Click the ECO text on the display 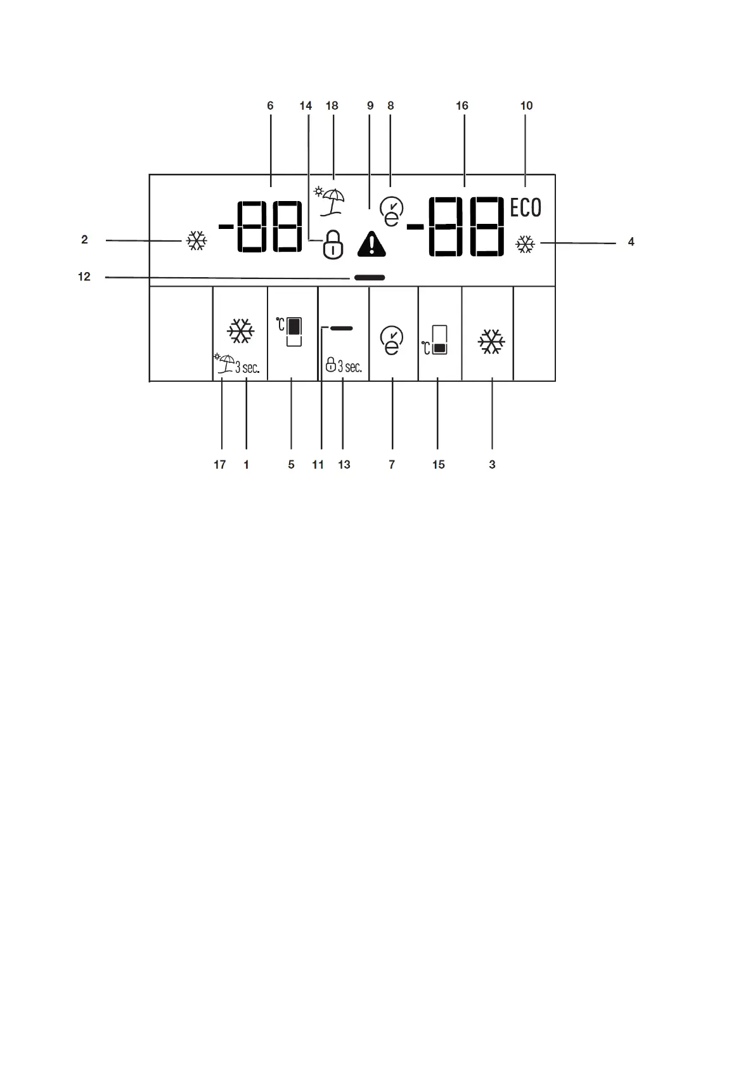[526, 208]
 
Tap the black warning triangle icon [371, 244]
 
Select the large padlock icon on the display [333, 245]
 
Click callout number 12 [84, 277]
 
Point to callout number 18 [332, 106]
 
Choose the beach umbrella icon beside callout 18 [332, 200]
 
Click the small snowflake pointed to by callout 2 [197, 241]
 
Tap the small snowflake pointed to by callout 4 [525, 245]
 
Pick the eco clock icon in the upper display [392, 211]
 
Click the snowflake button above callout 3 [491, 342]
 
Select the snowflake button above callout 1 [241, 331]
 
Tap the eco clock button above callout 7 [392, 341]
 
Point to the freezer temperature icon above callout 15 [438, 340]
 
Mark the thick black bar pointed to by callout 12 [370, 278]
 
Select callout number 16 [462, 106]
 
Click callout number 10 [526, 106]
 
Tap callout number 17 [220, 465]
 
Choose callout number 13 [344, 465]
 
